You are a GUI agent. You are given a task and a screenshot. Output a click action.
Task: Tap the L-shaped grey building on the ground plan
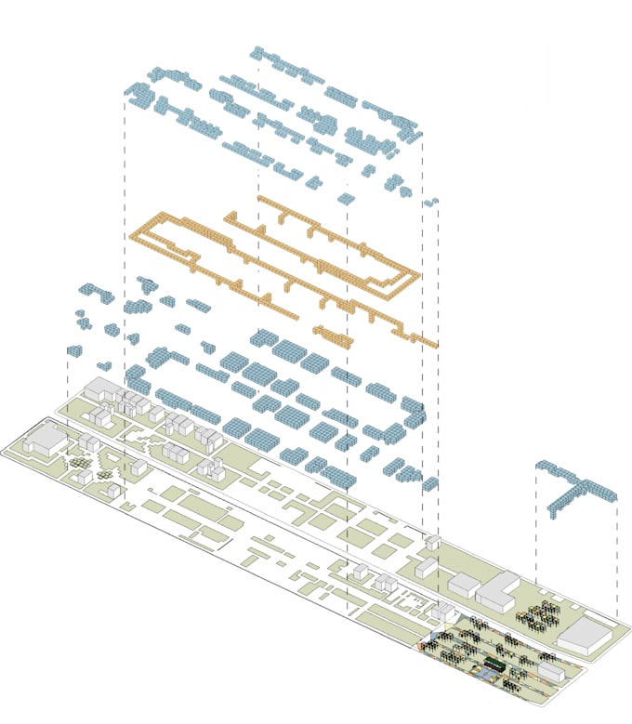coord(500,591)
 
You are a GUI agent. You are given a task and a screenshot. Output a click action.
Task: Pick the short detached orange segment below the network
coord(333,333)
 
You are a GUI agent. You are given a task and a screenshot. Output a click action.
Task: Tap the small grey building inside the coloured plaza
coord(548,671)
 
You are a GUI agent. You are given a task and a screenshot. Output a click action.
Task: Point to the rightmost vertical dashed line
coord(617,558)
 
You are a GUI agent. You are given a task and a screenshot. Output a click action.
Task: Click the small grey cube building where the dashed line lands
coord(432,542)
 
